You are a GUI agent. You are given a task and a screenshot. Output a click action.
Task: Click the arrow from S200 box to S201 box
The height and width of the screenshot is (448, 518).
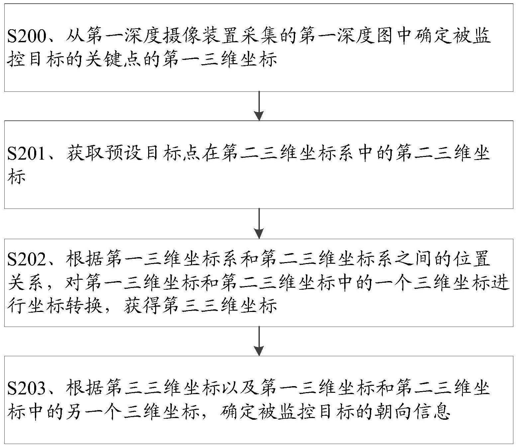pos(259,106)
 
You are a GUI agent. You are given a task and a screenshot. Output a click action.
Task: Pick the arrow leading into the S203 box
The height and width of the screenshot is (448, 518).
pos(259,341)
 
